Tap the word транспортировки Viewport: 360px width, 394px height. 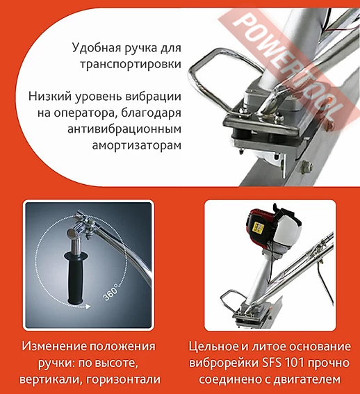pyautogui.click(x=131, y=64)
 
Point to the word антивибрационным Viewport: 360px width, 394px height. pyautogui.click(x=124, y=129)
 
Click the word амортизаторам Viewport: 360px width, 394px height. pyautogui.click(x=136, y=145)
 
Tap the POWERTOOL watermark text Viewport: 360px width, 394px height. pyautogui.click(x=285, y=66)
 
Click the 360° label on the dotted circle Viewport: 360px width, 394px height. pyautogui.click(x=111, y=293)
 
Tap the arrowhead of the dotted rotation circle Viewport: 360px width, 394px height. pyautogui.click(x=88, y=306)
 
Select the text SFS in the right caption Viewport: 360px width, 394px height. pyautogui.click(x=271, y=363)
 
